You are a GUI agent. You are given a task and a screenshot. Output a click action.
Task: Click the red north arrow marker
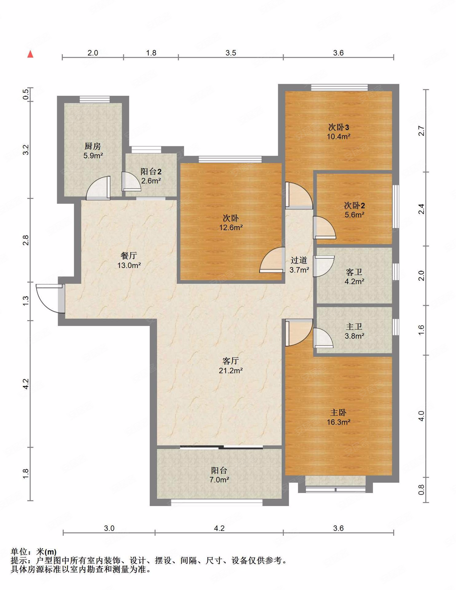30,54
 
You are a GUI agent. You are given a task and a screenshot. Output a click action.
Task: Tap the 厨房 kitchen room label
93,146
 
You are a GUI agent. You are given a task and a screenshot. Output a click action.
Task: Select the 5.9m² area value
93,155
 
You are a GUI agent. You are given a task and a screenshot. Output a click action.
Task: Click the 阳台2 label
151,171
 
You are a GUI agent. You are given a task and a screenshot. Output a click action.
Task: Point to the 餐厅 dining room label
129,256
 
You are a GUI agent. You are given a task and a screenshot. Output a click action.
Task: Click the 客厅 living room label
230,361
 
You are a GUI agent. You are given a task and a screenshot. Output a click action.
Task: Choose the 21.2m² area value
231,371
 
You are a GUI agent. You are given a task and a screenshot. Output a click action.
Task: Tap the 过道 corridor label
299,260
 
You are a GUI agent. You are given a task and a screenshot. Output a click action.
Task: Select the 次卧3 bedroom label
339,127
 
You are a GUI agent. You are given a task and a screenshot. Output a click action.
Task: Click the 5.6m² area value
355,214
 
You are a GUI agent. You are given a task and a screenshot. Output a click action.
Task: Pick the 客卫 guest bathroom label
354,272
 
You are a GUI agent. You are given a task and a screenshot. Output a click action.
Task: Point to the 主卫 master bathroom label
354,326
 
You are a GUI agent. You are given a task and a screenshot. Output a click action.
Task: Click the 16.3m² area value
338,422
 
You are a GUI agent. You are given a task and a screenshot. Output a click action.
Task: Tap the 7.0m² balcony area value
219,479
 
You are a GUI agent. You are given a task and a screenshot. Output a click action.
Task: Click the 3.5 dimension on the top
231,53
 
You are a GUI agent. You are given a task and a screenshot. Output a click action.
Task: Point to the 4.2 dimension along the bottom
219,528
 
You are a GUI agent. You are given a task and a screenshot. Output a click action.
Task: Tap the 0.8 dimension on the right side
421,490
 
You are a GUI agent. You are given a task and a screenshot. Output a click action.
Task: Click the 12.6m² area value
231,227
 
